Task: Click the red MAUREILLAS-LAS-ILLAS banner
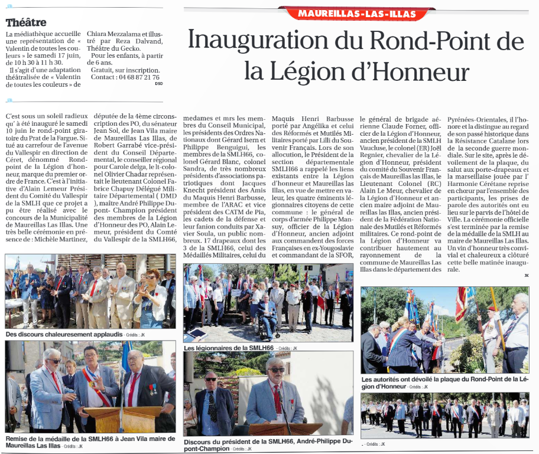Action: (358, 13)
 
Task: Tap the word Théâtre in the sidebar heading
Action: (26, 22)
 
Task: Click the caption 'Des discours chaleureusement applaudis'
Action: (64, 334)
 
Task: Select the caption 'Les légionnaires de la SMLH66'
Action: (229, 348)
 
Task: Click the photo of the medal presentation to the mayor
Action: (90, 387)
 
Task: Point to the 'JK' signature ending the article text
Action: (526, 275)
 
